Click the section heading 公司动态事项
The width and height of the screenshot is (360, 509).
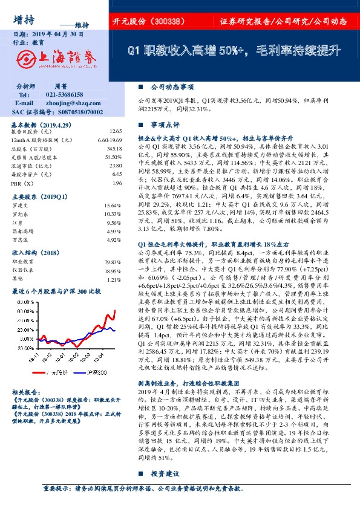tap(167, 86)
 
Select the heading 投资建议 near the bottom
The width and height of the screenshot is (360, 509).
tap(163, 490)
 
